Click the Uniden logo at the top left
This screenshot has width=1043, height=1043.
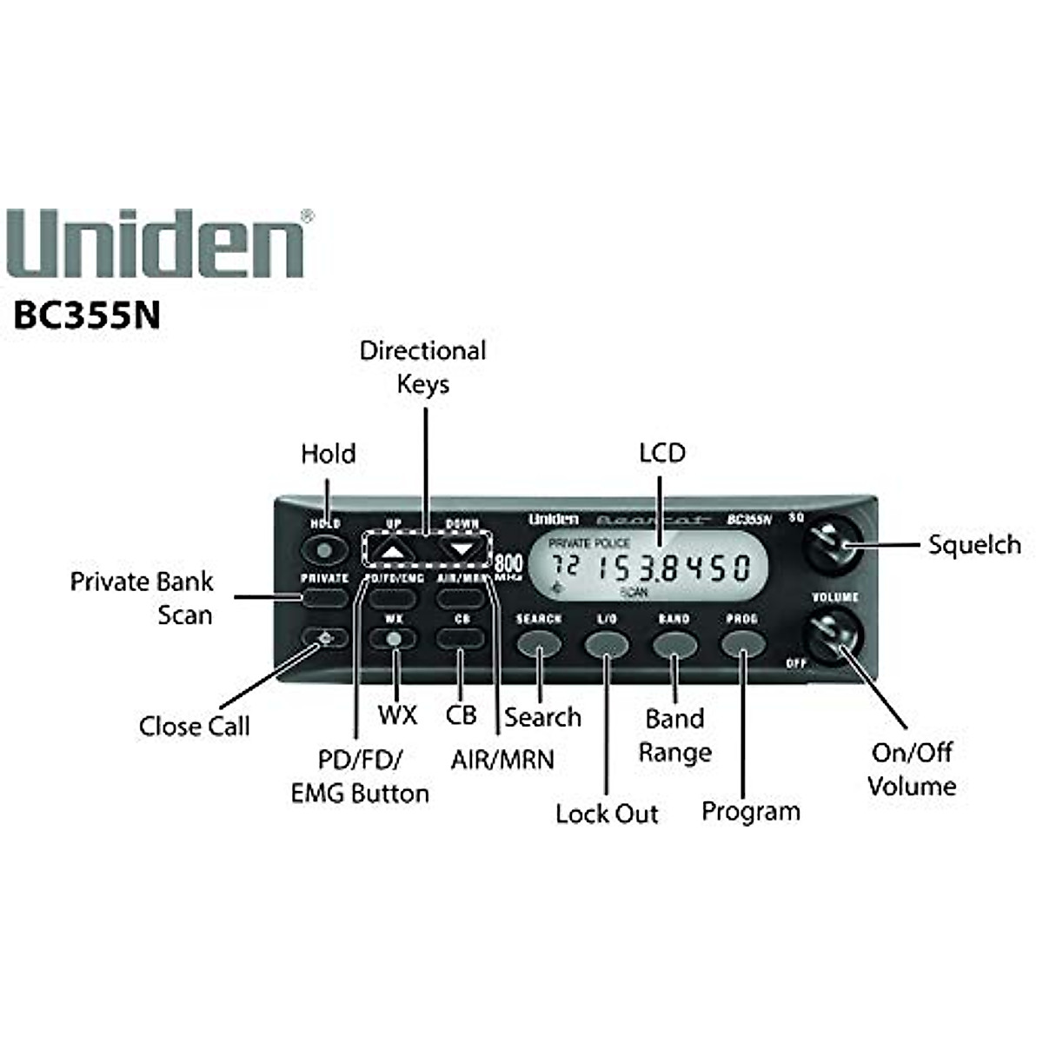[160, 244]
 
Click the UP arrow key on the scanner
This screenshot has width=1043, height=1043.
[394, 550]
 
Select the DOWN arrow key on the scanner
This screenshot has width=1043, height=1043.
[461, 549]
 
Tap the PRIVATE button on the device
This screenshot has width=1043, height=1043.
[324, 597]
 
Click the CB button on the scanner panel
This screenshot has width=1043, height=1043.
[461, 639]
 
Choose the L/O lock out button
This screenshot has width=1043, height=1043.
[606, 644]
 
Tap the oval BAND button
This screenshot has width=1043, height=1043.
[674, 644]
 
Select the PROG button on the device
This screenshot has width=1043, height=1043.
[742, 644]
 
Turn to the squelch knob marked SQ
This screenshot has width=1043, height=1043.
[832, 543]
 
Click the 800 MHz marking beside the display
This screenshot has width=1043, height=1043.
[508, 566]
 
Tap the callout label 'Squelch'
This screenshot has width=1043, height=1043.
[973, 546]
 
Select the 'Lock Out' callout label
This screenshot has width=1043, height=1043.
[607, 814]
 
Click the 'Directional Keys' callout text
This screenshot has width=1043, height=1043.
[422, 367]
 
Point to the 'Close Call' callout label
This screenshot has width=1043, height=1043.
[194, 727]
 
